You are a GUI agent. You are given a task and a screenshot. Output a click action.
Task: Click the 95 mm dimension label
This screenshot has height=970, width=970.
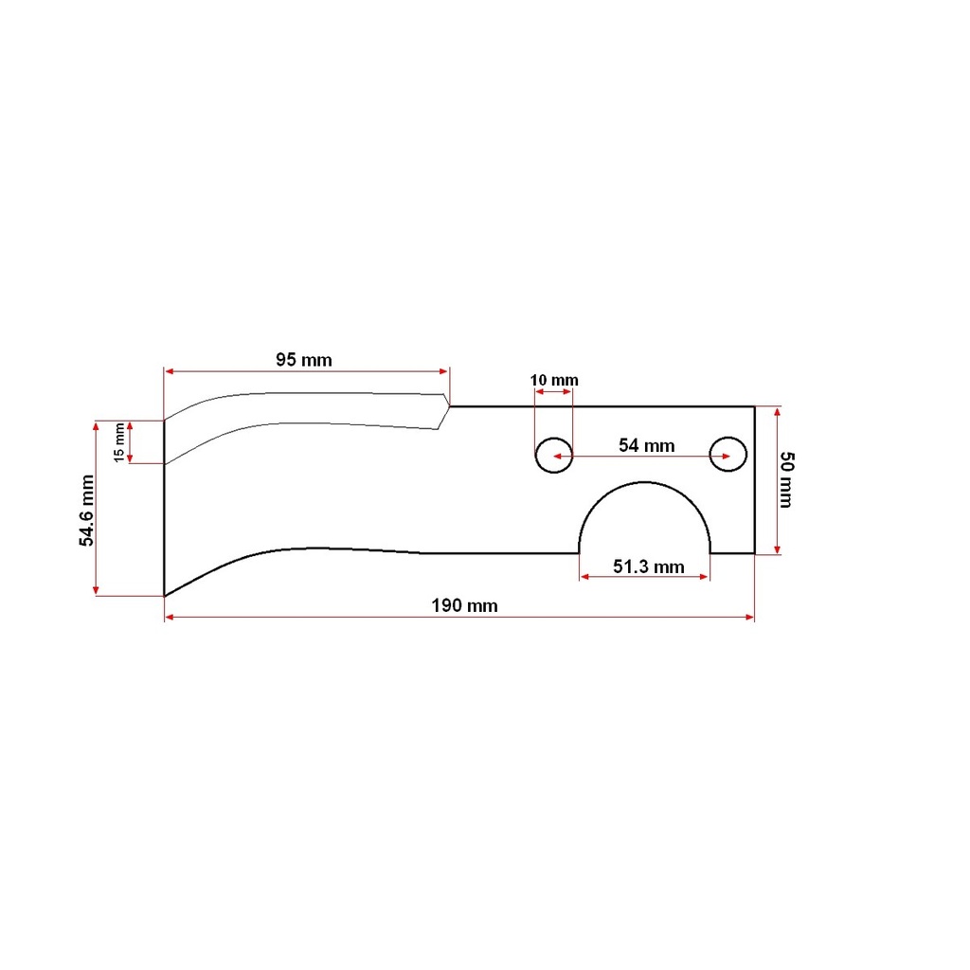click(304, 359)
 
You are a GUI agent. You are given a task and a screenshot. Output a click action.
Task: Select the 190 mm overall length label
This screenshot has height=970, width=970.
click(464, 605)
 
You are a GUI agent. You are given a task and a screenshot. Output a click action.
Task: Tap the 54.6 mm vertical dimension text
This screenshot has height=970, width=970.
click(86, 511)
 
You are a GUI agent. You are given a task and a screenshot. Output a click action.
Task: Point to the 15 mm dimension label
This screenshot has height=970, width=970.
click(118, 442)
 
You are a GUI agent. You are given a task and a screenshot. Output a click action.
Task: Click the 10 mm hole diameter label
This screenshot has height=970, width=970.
click(554, 380)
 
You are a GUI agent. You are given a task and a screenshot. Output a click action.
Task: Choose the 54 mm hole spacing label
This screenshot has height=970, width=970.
click(646, 445)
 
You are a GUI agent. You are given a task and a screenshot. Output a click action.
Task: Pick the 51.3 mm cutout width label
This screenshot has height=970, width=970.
click(648, 566)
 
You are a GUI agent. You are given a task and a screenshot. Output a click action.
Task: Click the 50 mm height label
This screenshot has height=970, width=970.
click(786, 479)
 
